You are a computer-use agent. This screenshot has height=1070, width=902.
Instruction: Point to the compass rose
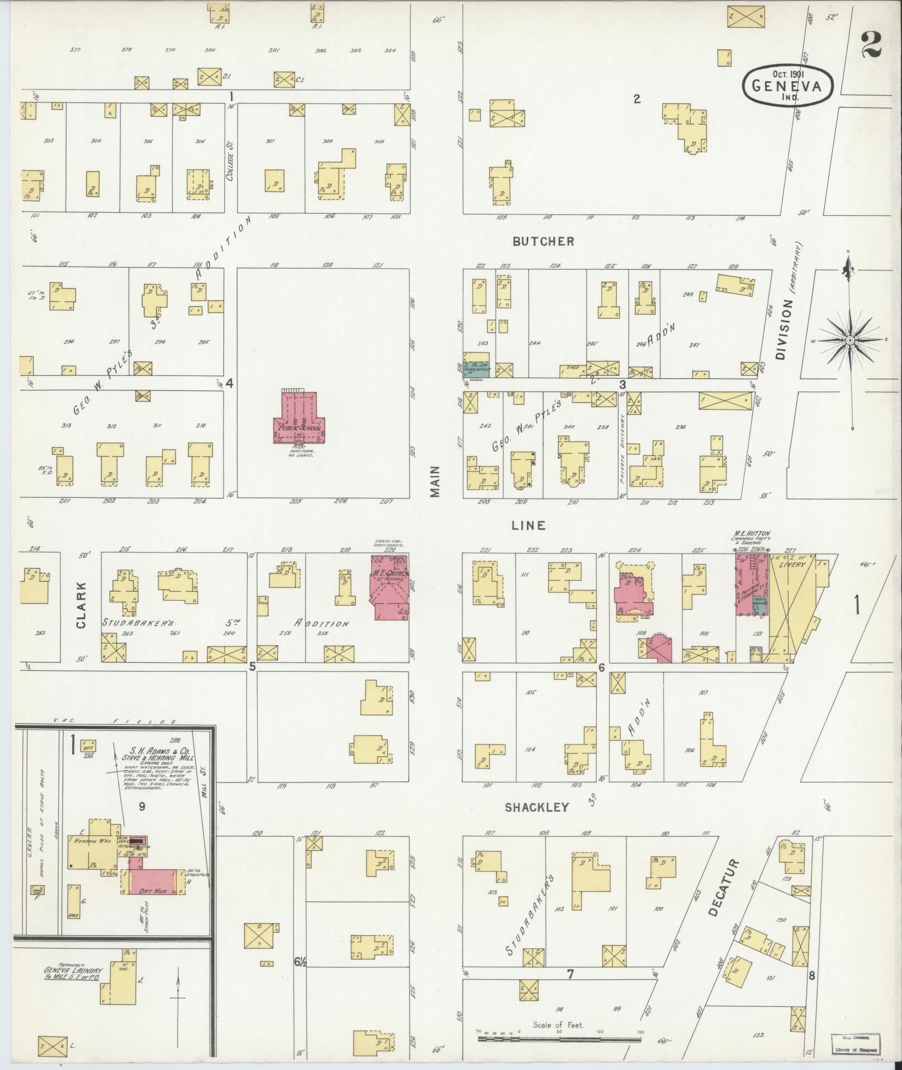point(849,340)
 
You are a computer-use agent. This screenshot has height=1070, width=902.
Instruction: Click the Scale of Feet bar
point(559,1039)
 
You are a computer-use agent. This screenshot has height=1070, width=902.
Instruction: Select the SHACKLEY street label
point(537,807)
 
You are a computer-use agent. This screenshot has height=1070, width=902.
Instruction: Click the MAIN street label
point(436,482)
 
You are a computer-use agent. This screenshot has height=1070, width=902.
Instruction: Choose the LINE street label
point(528,525)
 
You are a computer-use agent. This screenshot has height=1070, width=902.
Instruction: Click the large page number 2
point(871,45)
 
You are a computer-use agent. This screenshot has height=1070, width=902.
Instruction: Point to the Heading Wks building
point(89,856)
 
